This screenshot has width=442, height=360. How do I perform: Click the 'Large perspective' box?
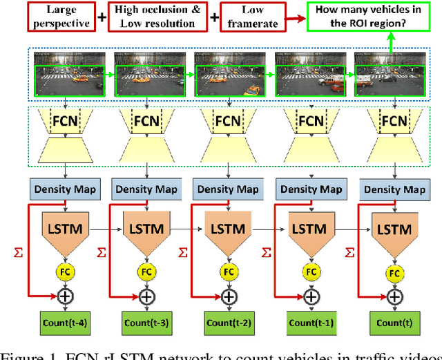[x=59, y=17]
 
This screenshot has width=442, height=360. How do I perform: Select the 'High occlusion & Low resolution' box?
[x=157, y=17]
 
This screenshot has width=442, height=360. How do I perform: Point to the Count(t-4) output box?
[x=65, y=322]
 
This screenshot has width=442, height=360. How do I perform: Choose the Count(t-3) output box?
[x=146, y=322]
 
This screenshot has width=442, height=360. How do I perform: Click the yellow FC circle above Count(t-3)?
[x=146, y=272]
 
